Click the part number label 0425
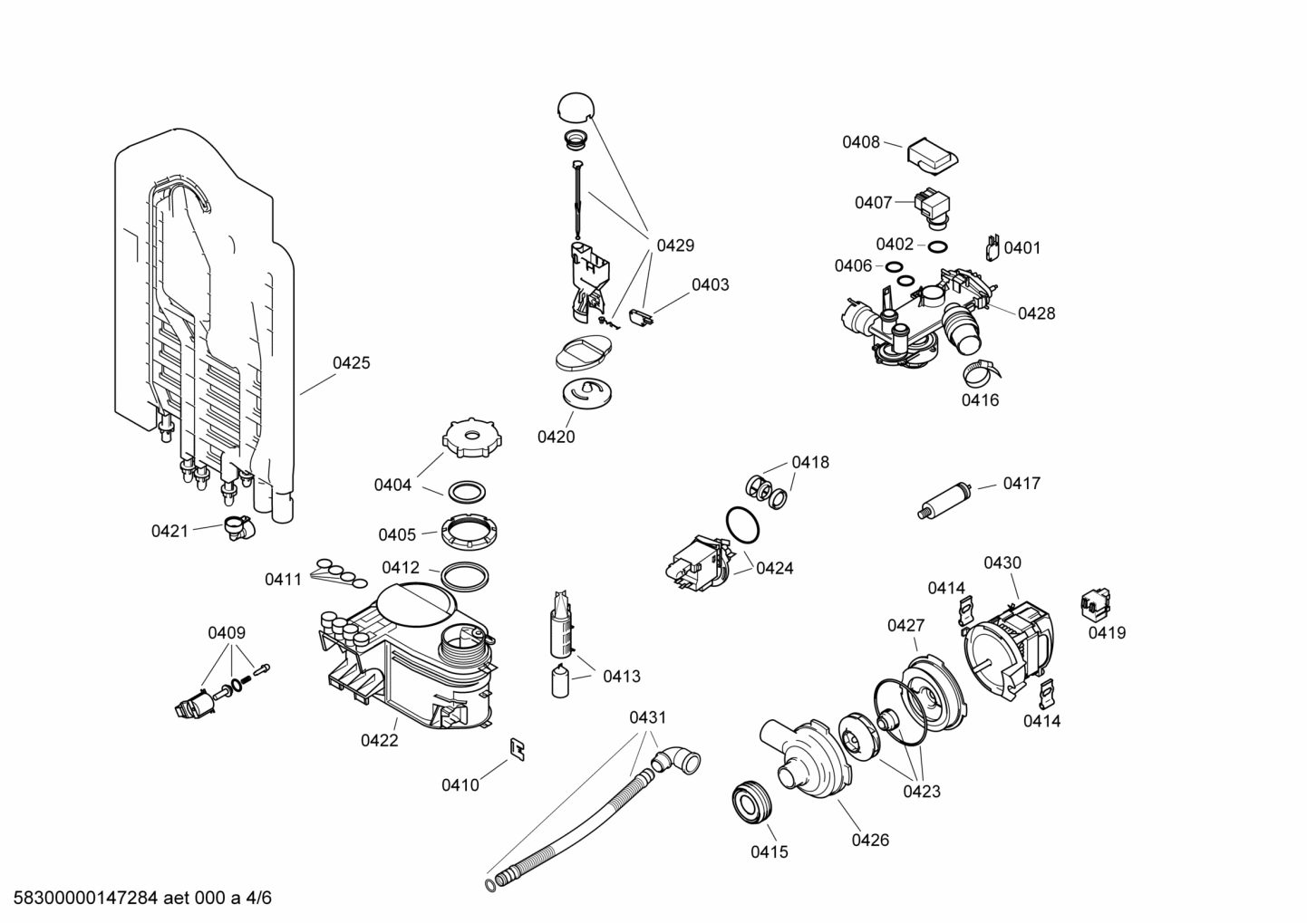pos(351,363)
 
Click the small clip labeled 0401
pos(992,247)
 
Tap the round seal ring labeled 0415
pos(750,803)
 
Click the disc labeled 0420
pos(586,394)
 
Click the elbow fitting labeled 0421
pos(238,527)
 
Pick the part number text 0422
pos(379,740)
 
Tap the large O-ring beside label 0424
pos(743,526)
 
